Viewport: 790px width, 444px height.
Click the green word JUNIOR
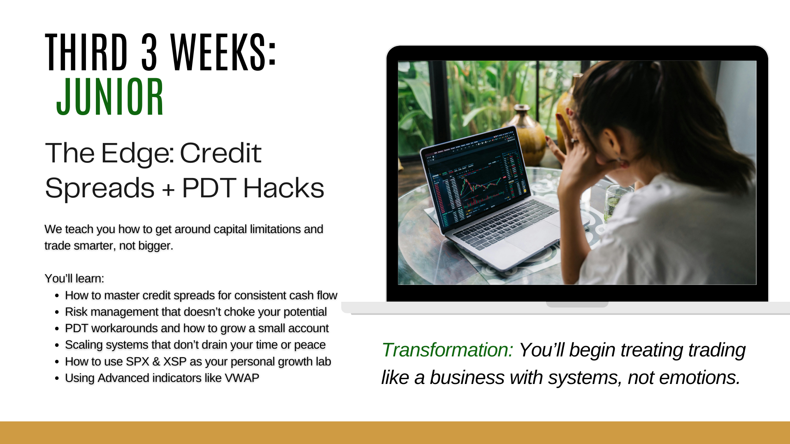[110, 97]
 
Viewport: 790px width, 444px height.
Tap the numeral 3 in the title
[149, 52]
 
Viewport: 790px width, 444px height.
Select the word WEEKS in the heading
[218, 52]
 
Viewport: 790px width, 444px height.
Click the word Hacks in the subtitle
[283, 188]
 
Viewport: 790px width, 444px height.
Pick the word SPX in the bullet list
[137, 361]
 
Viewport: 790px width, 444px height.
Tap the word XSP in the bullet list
[175, 361]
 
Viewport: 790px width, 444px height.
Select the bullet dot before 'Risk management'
[57, 312]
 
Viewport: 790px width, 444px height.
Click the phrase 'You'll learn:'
[74, 278]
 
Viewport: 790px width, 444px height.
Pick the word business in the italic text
[467, 378]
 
